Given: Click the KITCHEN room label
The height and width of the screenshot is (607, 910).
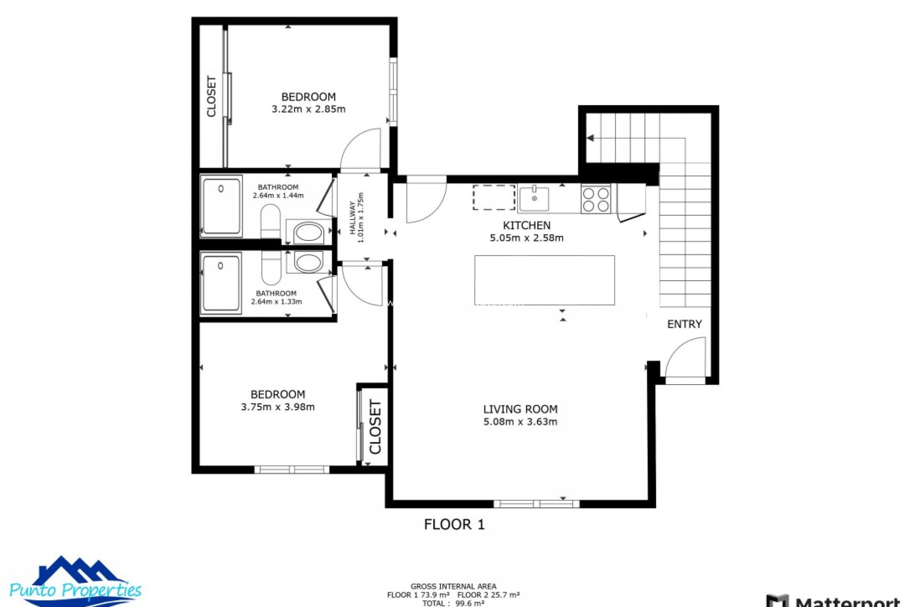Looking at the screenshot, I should [526, 225].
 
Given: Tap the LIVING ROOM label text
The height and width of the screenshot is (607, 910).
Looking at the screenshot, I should [520, 409].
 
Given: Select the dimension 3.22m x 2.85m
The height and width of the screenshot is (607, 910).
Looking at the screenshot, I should [308, 109].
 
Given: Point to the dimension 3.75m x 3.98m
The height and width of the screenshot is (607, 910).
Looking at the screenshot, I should [278, 407].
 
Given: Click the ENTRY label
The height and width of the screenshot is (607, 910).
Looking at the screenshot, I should [684, 324].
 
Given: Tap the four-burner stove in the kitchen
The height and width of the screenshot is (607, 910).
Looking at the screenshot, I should [596, 199].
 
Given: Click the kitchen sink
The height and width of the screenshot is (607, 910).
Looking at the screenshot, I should [534, 199].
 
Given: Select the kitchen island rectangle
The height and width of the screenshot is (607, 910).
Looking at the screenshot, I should [545, 280].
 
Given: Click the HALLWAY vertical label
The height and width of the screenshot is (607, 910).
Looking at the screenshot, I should [353, 218].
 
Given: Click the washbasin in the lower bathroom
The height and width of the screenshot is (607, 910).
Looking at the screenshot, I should [308, 262].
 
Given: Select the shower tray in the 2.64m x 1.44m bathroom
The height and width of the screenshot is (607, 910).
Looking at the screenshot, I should [221, 206].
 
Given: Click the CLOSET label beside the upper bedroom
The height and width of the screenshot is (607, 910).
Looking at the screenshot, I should [211, 96].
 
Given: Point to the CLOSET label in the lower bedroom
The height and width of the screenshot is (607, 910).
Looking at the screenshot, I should [375, 427].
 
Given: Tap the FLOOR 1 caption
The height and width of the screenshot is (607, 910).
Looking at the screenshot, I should [454, 524].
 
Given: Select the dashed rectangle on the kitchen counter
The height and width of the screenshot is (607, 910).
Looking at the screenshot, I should [494, 197].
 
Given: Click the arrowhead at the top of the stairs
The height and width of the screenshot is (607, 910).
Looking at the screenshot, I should [590, 138].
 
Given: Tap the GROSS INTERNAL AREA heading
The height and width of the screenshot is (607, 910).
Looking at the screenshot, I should [453, 586].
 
